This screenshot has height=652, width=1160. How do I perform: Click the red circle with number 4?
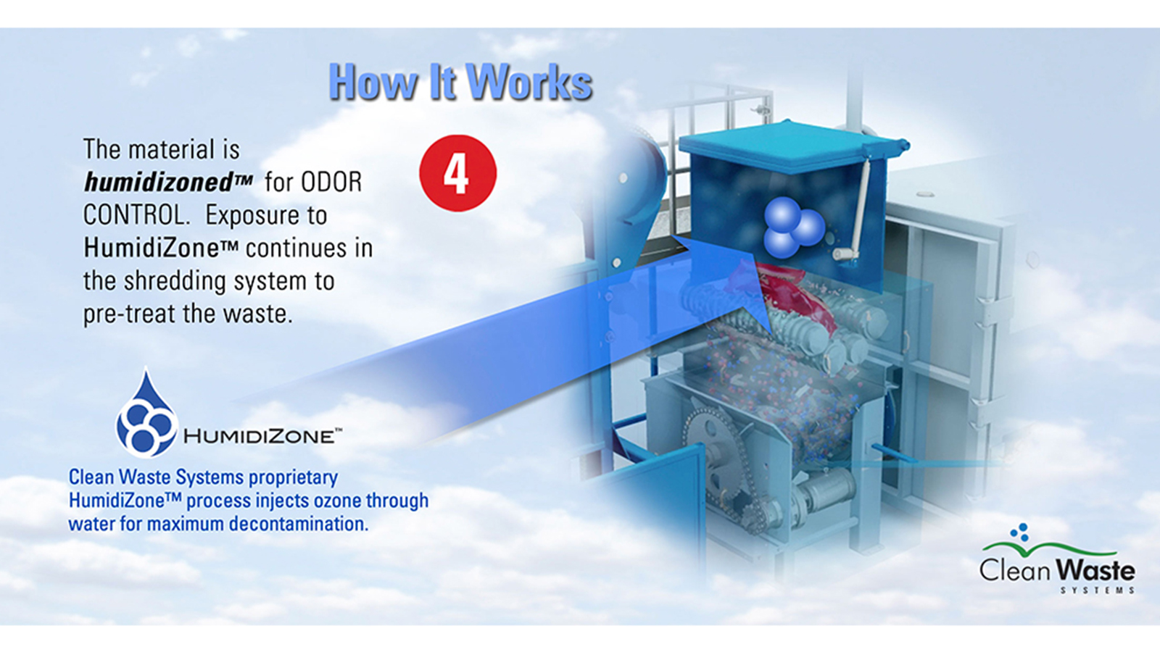(457, 173)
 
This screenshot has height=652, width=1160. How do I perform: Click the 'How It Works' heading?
(460, 82)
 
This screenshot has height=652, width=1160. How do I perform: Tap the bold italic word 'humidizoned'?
(160, 182)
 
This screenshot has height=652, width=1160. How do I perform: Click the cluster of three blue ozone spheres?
(793, 227)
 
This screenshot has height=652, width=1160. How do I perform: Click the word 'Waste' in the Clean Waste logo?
(1095, 569)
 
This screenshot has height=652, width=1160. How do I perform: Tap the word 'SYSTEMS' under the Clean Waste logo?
(1097, 590)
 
